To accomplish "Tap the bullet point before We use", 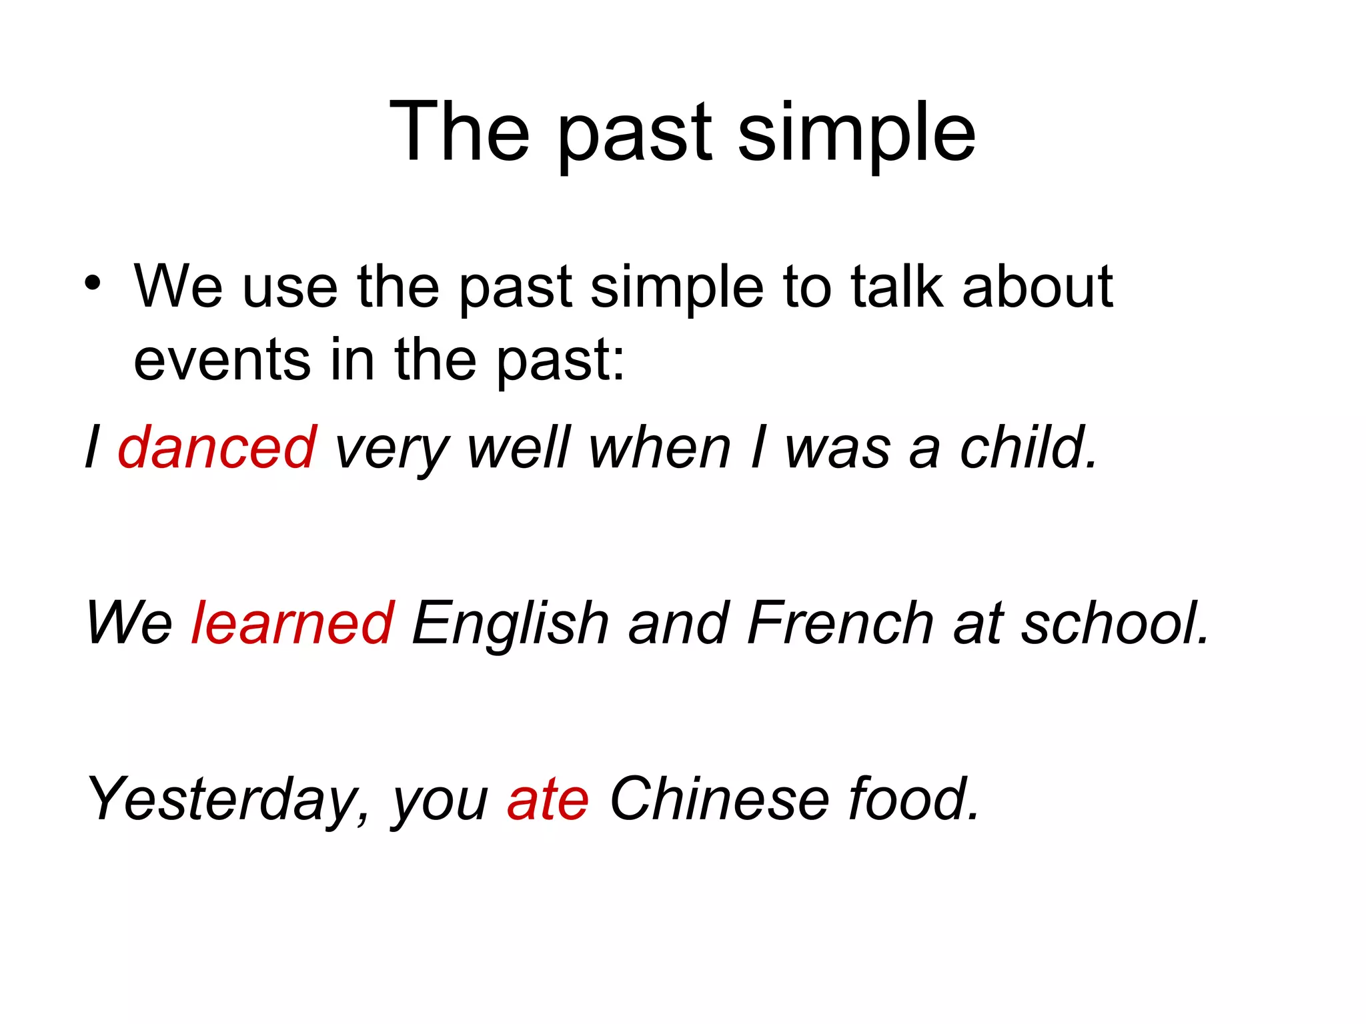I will pyautogui.click(x=93, y=284).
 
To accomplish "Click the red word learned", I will pyautogui.click(x=293, y=623).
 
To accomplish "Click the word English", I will pyautogui.click(x=510, y=624).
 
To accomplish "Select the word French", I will pyautogui.click(x=840, y=623).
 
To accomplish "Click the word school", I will pyautogui.click(x=1115, y=623).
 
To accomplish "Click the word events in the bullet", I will pyautogui.click(x=222, y=361).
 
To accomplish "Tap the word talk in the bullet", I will pyautogui.click(x=897, y=287).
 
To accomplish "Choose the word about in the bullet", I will pyautogui.click(x=1037, y=287).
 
